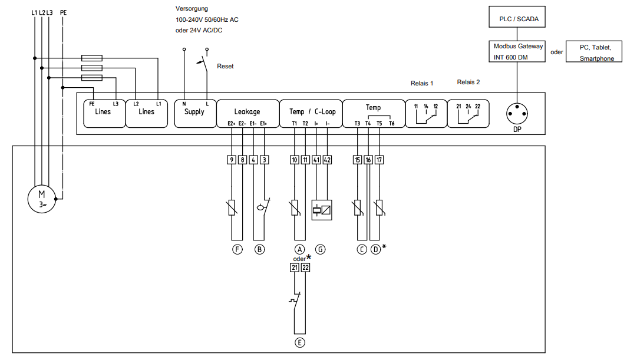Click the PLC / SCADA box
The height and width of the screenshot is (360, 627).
point(517,17)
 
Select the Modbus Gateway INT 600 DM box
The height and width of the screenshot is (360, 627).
point(517,52)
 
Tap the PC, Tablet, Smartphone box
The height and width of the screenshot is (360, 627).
point(594,52)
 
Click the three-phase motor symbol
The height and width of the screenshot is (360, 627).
point(42,199)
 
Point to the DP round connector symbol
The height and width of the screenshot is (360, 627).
point(517,114)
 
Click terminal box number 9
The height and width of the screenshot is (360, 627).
point(232,160)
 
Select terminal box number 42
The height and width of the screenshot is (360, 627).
point(327,160)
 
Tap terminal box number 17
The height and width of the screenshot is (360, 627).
point(379,160)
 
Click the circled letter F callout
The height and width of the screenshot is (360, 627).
point(237,250)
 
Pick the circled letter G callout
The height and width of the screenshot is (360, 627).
point(321,250)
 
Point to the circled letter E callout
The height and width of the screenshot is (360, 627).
point(299,343)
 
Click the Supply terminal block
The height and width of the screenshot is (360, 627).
point(195,114)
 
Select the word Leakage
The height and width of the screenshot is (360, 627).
point(247,111)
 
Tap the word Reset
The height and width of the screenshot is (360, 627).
point(225,67)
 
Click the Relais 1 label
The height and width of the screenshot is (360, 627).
point(422,83)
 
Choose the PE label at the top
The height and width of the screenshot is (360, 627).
point(63,13)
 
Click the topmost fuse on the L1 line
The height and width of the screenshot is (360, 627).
point(91,58)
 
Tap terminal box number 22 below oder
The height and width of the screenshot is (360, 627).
point(305,267)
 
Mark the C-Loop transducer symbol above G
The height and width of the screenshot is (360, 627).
point(322,210)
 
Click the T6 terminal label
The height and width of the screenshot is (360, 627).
point(391,124)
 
